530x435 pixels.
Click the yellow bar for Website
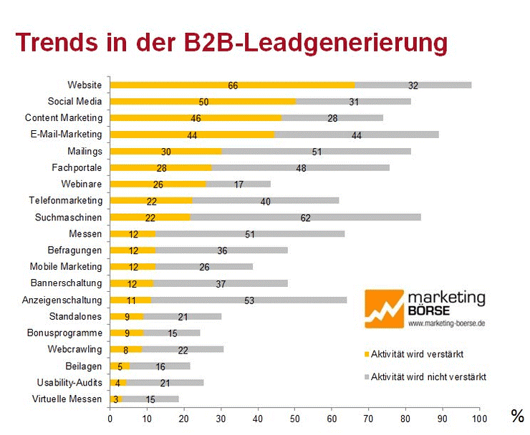tap(232, 85)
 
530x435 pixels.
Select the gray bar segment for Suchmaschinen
tap(305, 217)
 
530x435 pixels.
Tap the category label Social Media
tap(74, 102)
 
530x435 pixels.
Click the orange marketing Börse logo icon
tap(384, 313)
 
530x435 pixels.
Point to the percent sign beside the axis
tap(516, 416)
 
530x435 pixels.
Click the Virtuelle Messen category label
tap(67, 399)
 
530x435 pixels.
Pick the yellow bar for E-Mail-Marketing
tap(192, 135)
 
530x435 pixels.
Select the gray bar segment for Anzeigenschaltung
tap(249, 300)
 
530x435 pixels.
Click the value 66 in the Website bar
tap(233, 85)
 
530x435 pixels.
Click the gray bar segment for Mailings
tap(316, 151)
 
